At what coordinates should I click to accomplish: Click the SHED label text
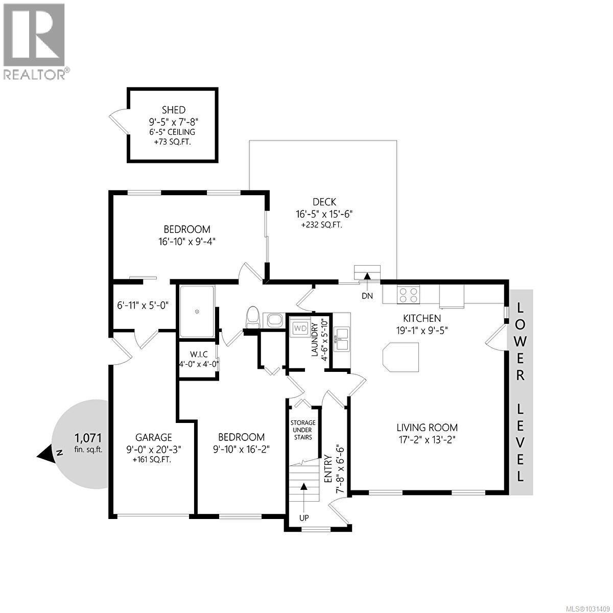173,110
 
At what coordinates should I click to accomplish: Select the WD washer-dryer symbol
300,328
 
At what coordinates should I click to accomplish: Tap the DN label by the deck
367,296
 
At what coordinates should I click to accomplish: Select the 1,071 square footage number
88,438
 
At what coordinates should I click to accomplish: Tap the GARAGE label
153,437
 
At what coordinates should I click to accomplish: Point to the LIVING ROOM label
427,428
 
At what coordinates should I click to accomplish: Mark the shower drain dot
197,311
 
